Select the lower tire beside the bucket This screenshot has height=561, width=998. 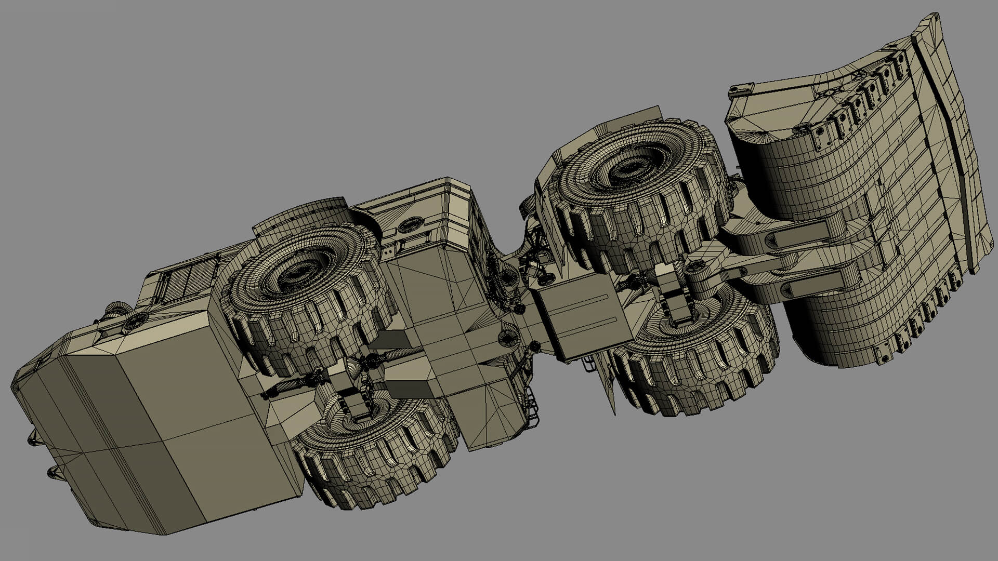[697, 358]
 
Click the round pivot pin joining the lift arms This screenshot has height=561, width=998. [694, 268]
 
